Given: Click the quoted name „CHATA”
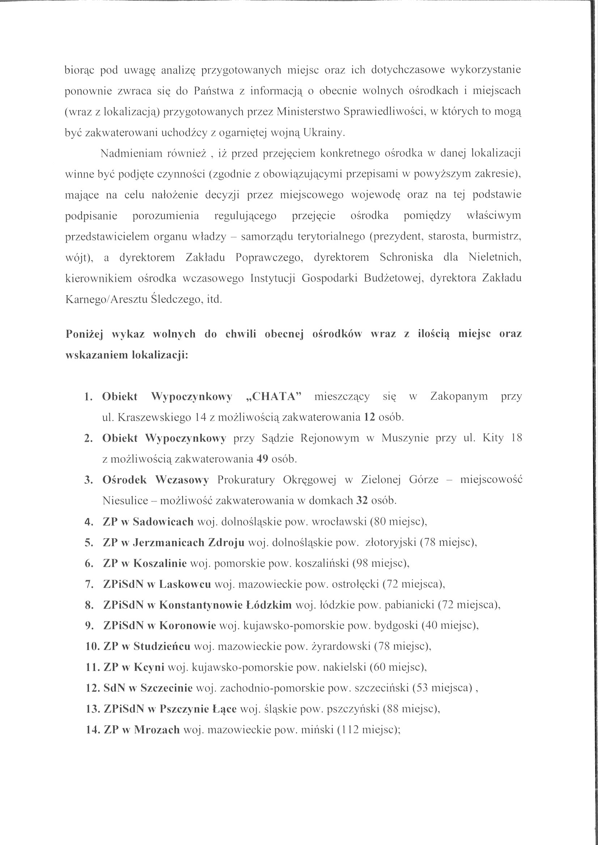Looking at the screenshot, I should pos(273,396).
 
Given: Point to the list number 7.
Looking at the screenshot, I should pos(89,584).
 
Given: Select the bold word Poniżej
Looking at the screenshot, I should pos(84,334).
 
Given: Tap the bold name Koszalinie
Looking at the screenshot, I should pos(160,563).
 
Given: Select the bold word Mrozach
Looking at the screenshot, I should pos(157,730).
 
